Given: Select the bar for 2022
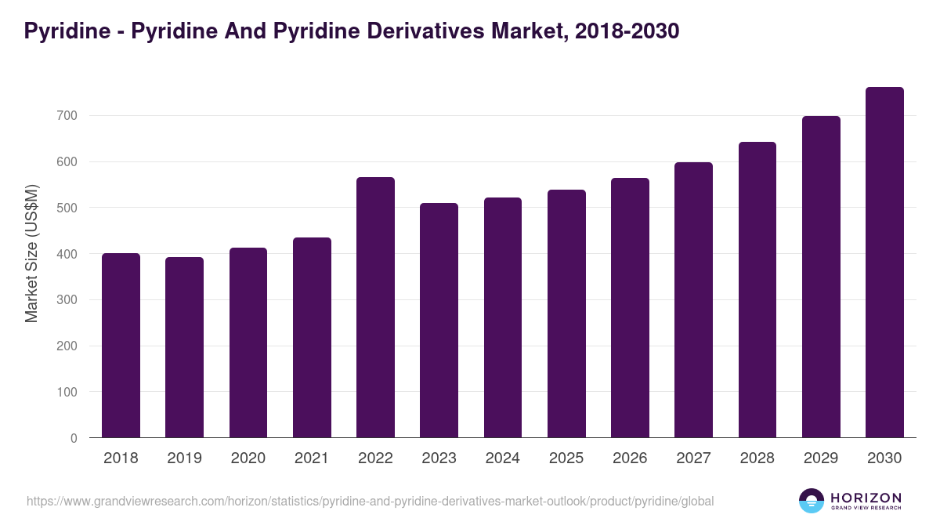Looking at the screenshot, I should [375, 307].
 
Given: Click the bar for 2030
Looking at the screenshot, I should [884, 263].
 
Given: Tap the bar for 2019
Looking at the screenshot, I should [184, 347].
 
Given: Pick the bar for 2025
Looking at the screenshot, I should [566, 313].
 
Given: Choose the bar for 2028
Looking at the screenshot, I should [757, 290].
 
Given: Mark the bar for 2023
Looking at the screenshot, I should [439, 321].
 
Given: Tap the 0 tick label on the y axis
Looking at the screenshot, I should [74, 438].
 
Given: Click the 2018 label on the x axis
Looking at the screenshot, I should [121, 458].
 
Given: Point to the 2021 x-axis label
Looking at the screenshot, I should [312, 458].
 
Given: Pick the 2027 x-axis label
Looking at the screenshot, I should [694, 458].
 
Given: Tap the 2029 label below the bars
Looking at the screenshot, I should [821, 458].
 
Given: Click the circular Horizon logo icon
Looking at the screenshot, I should [812, 501].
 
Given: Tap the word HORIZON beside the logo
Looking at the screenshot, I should [866, 497].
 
